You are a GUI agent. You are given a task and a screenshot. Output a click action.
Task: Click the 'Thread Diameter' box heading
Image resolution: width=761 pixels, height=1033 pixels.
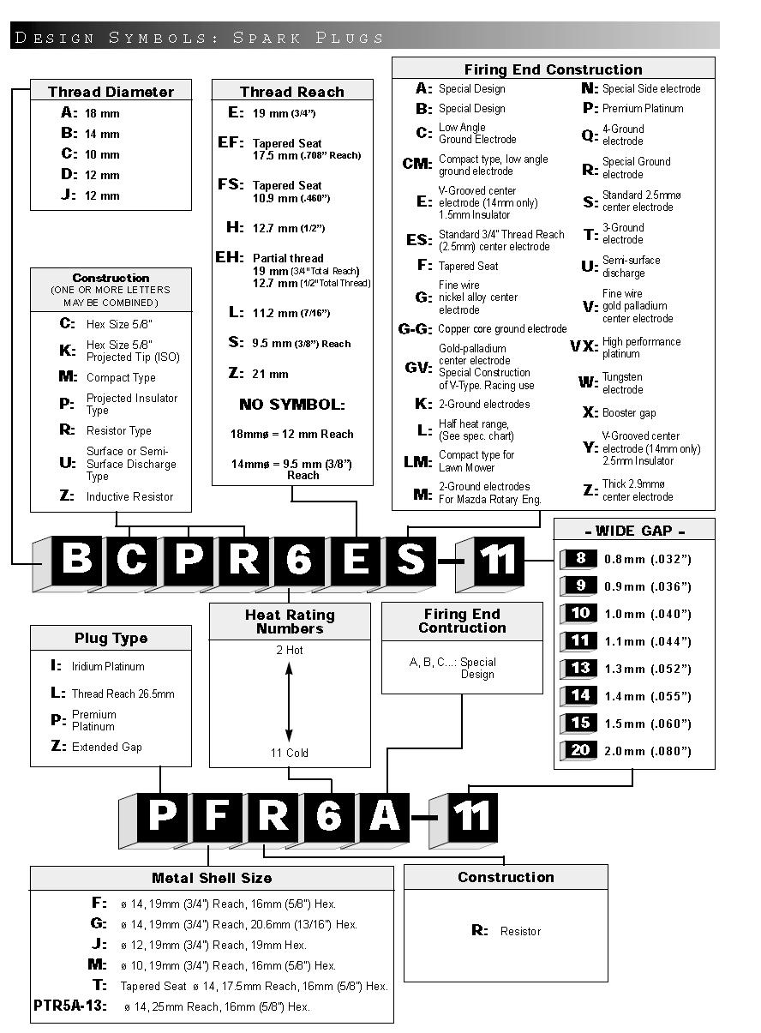click(x=111, y=92)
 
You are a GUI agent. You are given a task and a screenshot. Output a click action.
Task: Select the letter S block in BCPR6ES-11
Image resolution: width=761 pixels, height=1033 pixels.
click(x=411, y=561)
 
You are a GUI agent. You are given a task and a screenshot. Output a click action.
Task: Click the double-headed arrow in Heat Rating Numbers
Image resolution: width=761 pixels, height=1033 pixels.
click(x=289, y=701)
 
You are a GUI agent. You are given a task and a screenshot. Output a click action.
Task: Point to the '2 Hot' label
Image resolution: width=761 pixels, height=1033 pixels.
click(x=290, y=650)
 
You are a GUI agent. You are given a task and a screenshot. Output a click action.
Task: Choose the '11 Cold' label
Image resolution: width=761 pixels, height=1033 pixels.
click(x=290, y=753)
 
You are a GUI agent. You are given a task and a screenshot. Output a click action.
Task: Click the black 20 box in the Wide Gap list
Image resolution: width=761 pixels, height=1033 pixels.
click(x=580, y=750)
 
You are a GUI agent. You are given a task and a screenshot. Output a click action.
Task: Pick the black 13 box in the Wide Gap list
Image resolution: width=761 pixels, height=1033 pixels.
click(x=580, y=668)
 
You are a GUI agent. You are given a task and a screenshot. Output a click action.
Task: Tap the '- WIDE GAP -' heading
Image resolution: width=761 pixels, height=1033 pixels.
click(x=634, y=531)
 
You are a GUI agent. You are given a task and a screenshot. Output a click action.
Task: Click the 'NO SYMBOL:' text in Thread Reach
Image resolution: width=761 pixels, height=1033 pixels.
click(x=292, y=405)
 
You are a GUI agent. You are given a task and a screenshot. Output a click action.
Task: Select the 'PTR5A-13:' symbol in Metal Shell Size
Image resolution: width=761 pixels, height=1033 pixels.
click(x=70, y=1006)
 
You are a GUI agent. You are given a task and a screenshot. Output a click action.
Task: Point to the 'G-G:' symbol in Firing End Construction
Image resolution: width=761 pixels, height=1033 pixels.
click(x=415, y=329)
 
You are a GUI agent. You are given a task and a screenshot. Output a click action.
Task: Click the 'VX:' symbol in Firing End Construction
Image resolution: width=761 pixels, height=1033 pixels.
click(x=584, y=345)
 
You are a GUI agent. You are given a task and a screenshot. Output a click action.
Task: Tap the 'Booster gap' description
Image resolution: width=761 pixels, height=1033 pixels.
click(x=629, y=412)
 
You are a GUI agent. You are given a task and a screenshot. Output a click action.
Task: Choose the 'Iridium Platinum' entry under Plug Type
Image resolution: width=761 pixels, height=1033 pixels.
click(x=108, y=666)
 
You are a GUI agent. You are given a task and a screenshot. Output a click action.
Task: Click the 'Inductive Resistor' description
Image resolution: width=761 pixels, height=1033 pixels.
click(x=130, y=496)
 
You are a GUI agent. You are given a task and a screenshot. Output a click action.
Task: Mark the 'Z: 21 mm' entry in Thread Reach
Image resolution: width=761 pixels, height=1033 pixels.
click(x=259, y=373)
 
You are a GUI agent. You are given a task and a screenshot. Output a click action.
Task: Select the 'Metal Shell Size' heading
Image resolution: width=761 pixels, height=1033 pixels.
click(x=212, y=878)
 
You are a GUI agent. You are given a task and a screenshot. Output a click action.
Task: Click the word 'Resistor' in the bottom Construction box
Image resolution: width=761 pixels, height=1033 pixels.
click(x=521, y=931)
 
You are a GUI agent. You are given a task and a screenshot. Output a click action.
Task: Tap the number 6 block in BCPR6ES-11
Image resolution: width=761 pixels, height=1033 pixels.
click(x=300, y=561)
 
